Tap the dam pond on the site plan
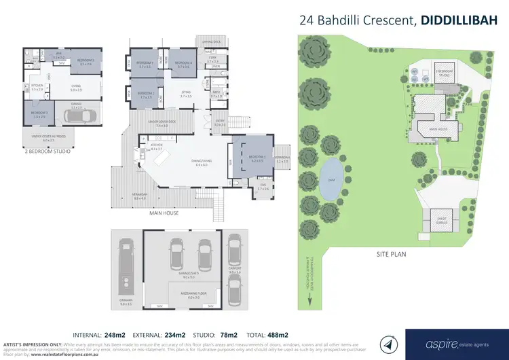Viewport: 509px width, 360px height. [331, 180]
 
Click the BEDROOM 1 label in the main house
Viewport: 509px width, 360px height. [257, 160]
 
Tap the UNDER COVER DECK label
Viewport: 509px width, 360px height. [162, 125]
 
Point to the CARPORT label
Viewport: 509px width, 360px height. [234, 272]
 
